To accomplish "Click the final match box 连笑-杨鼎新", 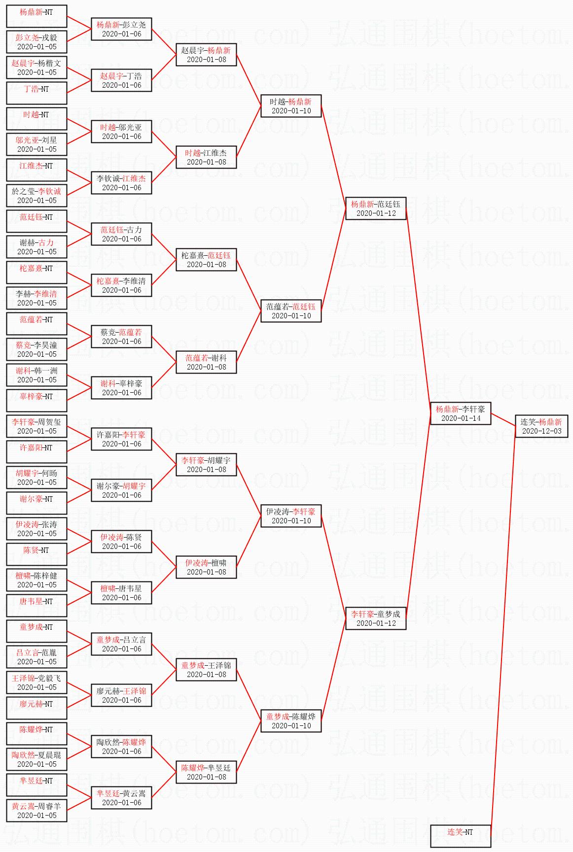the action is click(541, 426).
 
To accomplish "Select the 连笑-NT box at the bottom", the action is click(461, 836).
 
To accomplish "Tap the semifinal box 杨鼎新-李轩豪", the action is click(461, 413).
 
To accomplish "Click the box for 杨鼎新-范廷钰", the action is click(376, 208).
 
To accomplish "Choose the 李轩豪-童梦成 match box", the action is click(376, 618).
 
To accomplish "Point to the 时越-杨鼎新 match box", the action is click(291, 106).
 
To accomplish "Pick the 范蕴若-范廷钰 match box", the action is click(291, 311).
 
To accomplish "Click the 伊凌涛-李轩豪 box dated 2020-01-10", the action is click(291, 516).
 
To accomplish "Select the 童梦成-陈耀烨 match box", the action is click(291, 721).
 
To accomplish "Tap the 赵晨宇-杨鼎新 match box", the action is click(206, 55).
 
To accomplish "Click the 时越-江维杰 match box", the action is click(206, 157).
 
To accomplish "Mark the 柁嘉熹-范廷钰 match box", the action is click(206, 260).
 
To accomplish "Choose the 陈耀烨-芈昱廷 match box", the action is click(206, 772).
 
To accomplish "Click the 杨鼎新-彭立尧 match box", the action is click(121, 29).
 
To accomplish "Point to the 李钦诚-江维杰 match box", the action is click(121, 183).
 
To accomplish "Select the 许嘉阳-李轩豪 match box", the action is click(121, 439).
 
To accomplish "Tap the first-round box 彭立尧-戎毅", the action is click(36, 42).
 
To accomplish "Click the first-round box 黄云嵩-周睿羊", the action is click(36, 811).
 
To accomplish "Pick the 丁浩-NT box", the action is click(36, 93).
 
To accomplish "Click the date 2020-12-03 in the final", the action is click(541, 431).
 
